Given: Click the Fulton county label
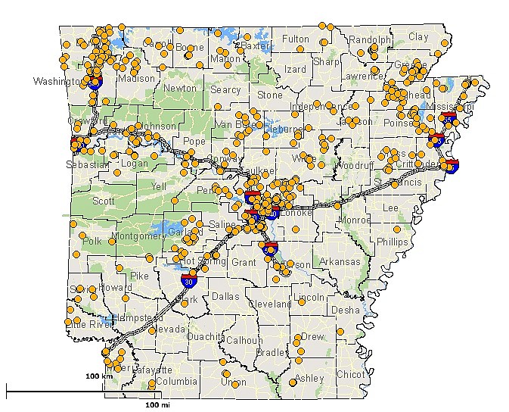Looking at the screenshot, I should pos(295,39).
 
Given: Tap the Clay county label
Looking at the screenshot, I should pos(418,36).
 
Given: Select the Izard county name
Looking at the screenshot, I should pos(295,70).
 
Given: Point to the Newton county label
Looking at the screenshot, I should pos(180,89).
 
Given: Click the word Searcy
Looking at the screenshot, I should pos(225,89).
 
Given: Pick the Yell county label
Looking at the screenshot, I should pos(158,186).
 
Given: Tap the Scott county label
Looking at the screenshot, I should pos(104,201).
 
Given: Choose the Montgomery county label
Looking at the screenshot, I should pos(136,236).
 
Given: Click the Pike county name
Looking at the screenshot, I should pos(139,276).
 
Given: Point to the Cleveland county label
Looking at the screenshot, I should pos(269,304).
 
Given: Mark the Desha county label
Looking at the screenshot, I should pos(346,310).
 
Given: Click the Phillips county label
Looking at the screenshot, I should pos(392,242).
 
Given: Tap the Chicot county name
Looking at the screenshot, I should pos(350,374).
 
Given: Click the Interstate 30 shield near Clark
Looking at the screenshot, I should pos(186,282).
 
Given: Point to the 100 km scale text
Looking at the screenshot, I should pos(98,376).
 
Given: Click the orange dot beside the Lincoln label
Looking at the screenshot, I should pos(302,301).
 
